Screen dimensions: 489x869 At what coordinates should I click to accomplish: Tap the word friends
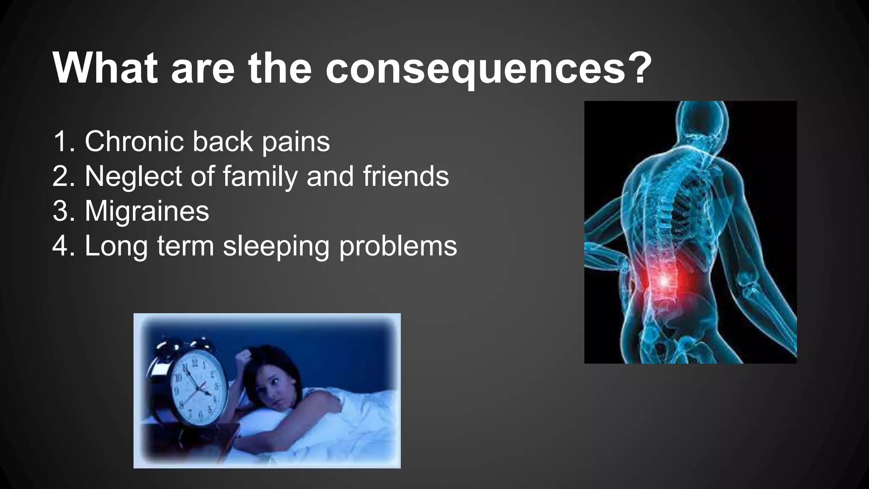pos(406,176)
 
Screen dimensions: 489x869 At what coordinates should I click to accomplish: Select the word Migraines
pos(147,211)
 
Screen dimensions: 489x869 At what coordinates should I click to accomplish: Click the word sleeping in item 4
pos(276,247)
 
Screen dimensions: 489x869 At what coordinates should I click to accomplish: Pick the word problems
pos(398,247)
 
